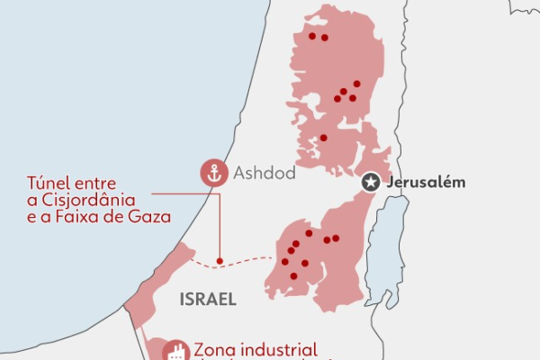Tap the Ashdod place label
point(264,173)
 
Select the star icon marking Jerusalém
point(370,183)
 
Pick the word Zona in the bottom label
point(214,349)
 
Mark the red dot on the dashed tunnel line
point(220,261)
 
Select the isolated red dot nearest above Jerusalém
point(323,138)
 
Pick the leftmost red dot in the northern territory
point(311,36)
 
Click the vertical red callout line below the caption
point(220,225)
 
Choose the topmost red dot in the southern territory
point(309,233)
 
